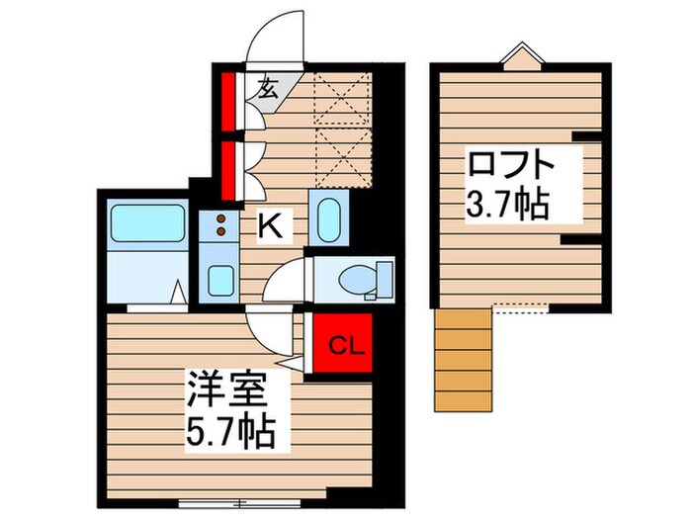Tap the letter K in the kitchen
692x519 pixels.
[270, 226]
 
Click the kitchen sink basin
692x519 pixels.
[221, 280]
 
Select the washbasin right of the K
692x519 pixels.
[327, 218]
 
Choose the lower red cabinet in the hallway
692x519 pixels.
[226, 169]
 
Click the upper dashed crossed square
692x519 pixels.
[340, 103]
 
